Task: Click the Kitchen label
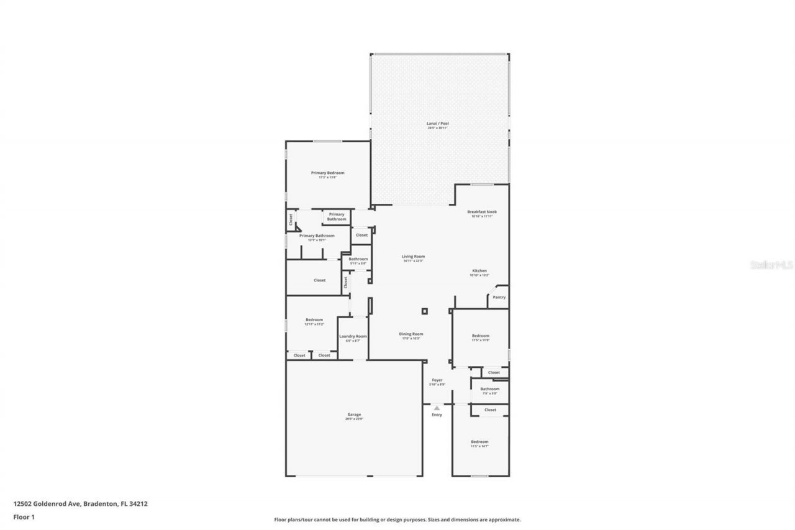coord(479,272)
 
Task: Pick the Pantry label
coord(499,297)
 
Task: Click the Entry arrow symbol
coord(437,408)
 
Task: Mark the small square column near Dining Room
coord(424,311)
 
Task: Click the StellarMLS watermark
coord(771,265)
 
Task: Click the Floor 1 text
coord(24,516)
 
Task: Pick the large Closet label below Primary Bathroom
coord(319,280)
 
